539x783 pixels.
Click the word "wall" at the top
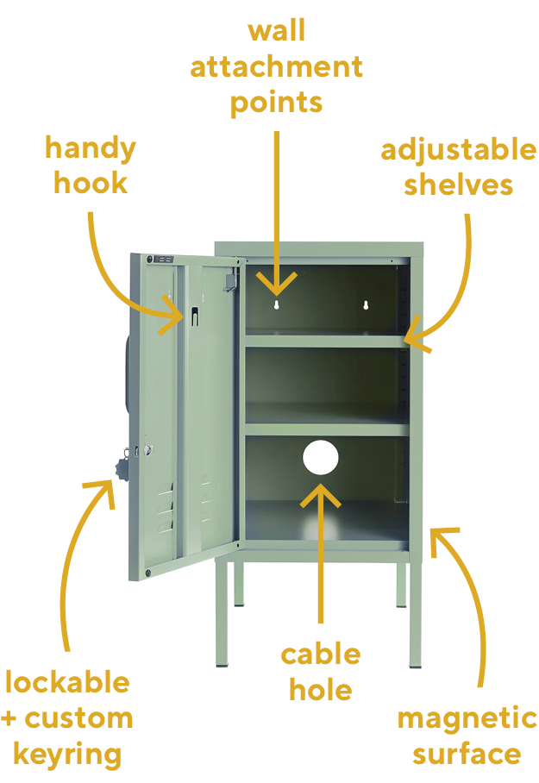276,31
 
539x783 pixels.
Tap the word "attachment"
276,67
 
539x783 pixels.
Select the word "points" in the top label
276,103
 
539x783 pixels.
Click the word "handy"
91,149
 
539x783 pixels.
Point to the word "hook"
91,182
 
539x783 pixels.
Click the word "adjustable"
459,150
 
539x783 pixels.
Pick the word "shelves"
459,185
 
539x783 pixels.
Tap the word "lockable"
67,682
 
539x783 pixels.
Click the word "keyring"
67,755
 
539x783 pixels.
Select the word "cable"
321,655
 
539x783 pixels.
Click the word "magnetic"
467,719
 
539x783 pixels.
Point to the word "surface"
467,754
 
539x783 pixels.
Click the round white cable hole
321,457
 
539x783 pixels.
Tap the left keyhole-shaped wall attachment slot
277,304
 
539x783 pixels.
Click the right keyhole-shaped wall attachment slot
366,304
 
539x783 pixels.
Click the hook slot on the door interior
194,316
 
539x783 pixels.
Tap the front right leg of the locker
415,613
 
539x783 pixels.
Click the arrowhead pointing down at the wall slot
277,285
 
